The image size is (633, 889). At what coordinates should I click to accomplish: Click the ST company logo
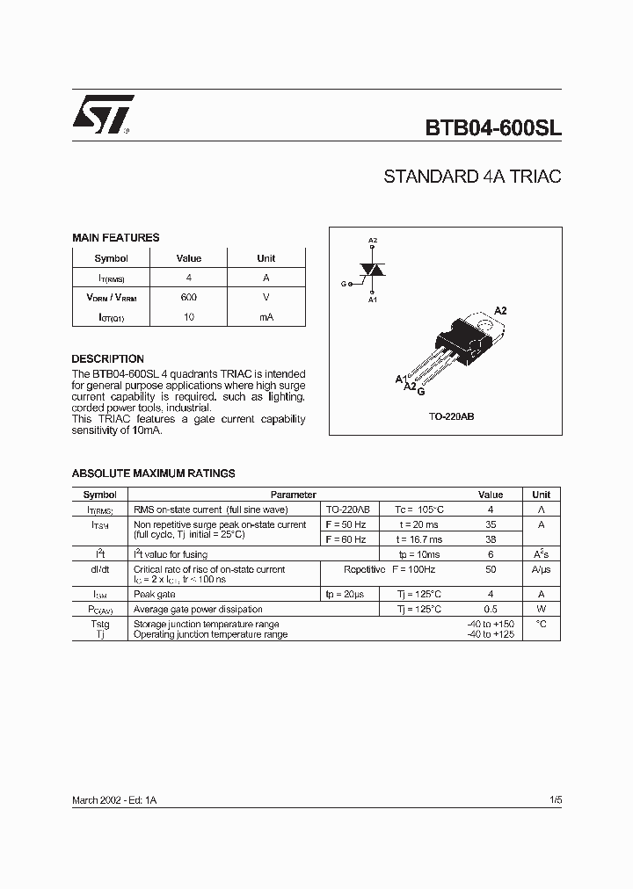point(103,114)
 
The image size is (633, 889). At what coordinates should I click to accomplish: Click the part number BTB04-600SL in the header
point(493,127)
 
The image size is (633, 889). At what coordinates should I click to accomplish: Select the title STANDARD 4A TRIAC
point(472,177)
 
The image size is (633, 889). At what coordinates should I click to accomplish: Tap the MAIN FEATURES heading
point(115,238)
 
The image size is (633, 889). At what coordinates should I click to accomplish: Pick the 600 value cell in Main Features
point(189,297)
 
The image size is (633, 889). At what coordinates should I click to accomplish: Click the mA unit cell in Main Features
point(266,316)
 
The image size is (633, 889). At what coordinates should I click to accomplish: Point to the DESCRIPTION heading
point(107,359)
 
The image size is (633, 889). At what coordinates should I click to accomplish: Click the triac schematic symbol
point(374,271)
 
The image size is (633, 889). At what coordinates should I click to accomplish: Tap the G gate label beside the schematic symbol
point(344,284)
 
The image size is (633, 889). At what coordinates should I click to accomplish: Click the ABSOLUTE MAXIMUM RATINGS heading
point(153,473)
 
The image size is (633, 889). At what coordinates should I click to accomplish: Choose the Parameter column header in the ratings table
point(293,495)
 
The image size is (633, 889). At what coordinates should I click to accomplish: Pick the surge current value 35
point(491,524)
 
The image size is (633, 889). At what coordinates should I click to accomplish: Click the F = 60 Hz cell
point(346,539)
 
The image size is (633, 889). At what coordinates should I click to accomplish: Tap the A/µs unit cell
point(541,569)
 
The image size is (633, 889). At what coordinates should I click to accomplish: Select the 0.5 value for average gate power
point(491,609)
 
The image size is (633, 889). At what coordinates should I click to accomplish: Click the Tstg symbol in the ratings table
point(100,624)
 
